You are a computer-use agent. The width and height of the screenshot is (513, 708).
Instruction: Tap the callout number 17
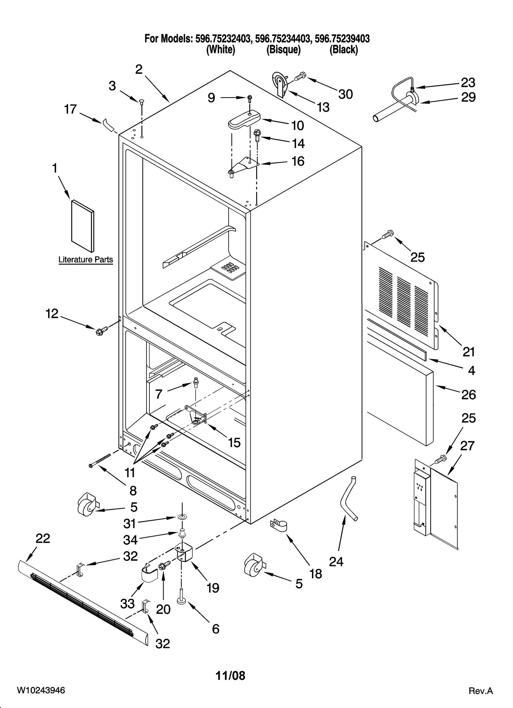click(x=70, y=109)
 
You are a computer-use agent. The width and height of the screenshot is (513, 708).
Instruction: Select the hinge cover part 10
click(x=244, y=119)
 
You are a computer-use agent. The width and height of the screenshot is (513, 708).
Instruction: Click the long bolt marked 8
click(x=100, y=460)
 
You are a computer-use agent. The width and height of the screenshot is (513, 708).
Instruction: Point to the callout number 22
click(x=43, y=538)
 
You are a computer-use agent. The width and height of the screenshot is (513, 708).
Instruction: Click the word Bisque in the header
click(x=283, y=50)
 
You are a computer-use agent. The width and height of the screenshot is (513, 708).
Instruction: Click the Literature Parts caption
click(x=86, y=260)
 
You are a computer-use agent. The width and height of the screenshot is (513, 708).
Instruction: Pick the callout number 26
click(x=468, y=395)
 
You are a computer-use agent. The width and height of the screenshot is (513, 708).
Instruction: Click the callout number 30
click(x=345, y=94)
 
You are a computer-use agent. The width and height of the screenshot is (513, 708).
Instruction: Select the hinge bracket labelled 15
click(x=196, y=415)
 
